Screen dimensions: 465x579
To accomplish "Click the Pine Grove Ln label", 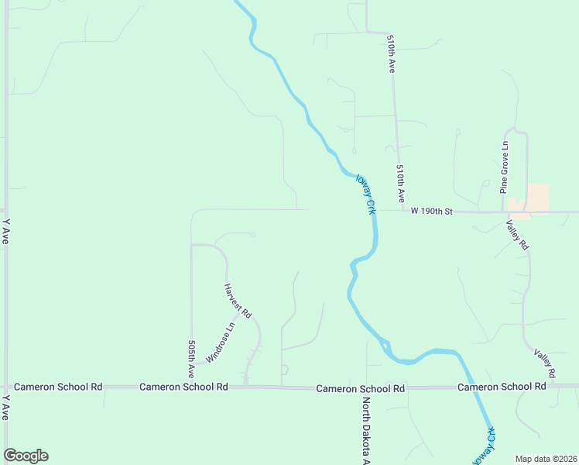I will pos(504,167).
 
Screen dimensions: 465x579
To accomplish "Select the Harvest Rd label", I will pos(238,301).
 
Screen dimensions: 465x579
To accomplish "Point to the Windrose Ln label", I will pos(219,342).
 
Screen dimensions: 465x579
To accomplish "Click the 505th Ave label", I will pos(191,359).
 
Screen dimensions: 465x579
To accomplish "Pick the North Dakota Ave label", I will pos(368,430).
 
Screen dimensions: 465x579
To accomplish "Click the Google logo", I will pos(26,456).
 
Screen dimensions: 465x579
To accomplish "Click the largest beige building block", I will pos(538,197).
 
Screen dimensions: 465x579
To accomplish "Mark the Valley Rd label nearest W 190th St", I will pos(517,234).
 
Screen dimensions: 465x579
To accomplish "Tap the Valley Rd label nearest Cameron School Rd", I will pos(545,363).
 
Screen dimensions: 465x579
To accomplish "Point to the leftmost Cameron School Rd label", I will pos(58,386).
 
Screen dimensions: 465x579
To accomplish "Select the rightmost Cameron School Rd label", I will pos(502,387).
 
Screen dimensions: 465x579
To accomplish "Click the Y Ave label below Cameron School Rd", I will pos(6,407).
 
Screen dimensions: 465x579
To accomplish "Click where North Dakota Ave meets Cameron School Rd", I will pos(367,387).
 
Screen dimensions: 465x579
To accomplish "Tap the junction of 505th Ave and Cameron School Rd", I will pos(191,386).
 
